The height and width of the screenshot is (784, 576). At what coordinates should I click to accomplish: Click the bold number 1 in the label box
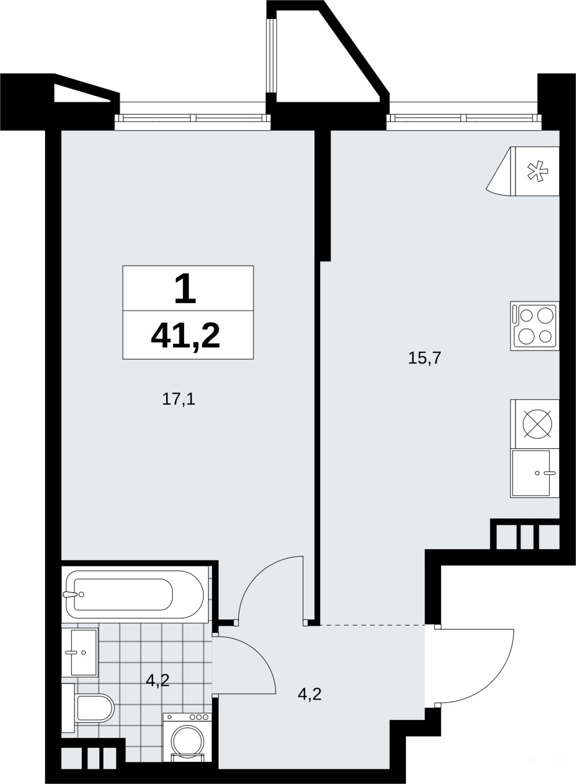click(x=185, y=289)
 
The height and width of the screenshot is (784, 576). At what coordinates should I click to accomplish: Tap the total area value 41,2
click(x=185, y=336)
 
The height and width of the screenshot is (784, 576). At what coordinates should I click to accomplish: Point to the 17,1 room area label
click(x=178, y=399)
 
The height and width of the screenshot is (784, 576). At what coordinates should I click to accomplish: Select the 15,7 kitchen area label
click(x=425, y=358)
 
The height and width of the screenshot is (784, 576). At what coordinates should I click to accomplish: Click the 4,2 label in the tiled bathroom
click(x=158, y=681)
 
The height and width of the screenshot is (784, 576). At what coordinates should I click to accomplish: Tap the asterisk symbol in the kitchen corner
click(x=538, y=171)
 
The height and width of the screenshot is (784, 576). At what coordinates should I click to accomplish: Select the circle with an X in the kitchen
click(x=537, y=423)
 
